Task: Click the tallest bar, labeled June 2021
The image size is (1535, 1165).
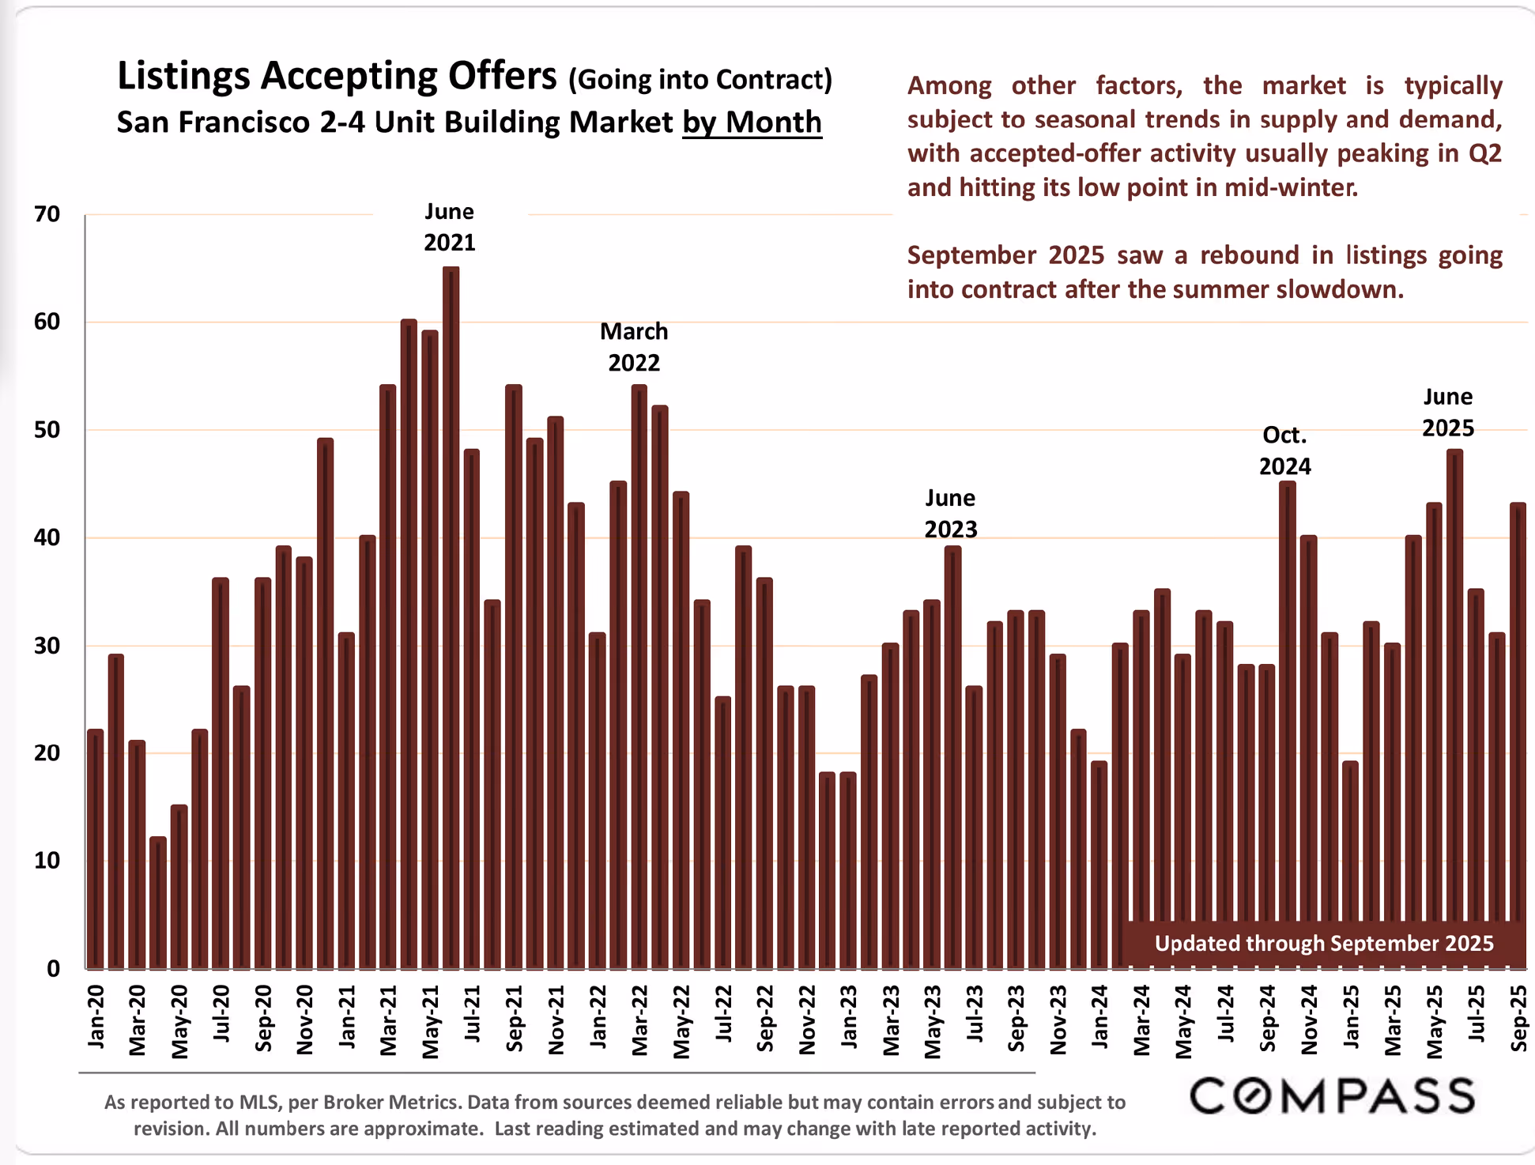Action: (x=451, y=616)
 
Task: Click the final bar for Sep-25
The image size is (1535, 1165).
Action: (x=1518, y=735)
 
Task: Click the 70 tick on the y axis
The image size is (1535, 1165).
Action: (x=47, y=214)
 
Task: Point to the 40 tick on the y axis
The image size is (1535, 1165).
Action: (x=47, y=537)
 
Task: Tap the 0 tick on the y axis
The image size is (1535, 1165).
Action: (x=53, y=968)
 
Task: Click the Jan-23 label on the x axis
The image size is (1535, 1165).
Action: (x=848, y=1017)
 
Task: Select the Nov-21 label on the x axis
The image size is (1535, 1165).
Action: (x=556, y=1020)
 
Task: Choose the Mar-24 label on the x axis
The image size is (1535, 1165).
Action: (x=1141, y=1020)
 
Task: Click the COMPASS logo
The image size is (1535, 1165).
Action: (x=1332, y=1096)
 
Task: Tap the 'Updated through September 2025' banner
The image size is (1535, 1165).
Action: (x=1324, y=944)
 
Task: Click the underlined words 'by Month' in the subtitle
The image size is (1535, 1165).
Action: (x=752, y=123)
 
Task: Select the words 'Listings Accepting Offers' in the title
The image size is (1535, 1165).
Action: (x=337, y=77)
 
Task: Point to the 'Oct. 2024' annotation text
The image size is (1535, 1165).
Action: (x=1284, y=451)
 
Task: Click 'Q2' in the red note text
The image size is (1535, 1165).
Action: (x=1484, y=153)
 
